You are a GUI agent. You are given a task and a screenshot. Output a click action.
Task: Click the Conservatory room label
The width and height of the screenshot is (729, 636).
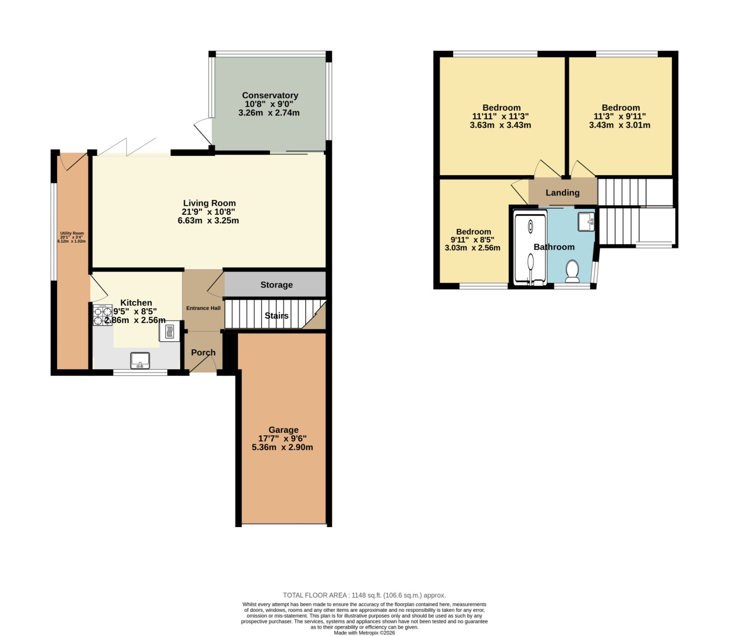270,95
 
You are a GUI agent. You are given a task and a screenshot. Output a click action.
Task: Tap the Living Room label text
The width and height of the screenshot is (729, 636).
210,203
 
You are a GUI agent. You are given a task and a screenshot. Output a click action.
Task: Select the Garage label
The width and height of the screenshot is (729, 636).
283,429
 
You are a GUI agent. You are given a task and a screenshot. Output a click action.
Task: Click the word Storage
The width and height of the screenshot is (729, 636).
277,285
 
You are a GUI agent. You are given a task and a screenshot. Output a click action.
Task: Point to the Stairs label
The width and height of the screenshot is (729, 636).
277,315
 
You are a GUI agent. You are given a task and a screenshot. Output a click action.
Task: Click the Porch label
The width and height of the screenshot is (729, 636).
203,352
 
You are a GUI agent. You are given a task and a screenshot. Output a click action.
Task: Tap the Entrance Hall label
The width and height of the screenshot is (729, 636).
203,308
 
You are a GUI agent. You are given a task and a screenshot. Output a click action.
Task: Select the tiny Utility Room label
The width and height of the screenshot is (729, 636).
72,233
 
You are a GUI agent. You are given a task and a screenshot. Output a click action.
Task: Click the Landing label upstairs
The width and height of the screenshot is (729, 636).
563,193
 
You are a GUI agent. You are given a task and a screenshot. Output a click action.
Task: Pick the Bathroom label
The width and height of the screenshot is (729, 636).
554,247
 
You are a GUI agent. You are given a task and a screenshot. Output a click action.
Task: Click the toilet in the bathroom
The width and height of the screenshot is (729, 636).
572,271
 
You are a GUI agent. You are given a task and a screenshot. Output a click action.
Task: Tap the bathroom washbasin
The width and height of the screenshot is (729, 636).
586,222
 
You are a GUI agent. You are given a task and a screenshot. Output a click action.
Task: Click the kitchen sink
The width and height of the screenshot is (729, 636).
140,361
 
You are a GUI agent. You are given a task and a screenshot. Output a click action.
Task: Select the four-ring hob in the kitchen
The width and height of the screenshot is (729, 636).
103,315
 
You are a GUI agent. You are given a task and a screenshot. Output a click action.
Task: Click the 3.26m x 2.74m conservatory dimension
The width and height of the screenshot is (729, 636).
269,113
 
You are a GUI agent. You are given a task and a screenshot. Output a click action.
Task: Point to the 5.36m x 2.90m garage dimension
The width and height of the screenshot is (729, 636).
282,447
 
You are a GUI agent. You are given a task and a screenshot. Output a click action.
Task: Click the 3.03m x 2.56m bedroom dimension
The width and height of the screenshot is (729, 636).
472,248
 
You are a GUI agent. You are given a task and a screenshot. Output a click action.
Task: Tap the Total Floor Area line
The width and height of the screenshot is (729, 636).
364,595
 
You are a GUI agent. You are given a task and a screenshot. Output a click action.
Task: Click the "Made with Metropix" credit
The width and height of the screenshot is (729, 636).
364,633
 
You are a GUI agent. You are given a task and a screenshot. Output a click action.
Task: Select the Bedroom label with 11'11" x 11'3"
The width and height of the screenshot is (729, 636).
502,108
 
